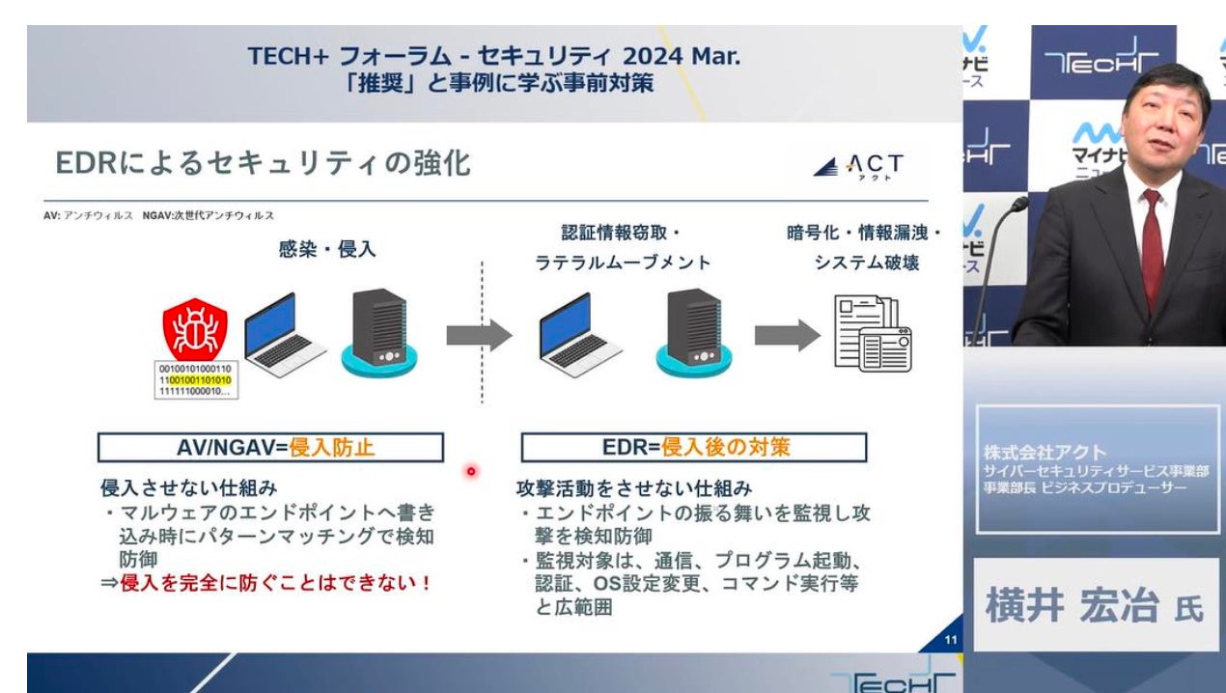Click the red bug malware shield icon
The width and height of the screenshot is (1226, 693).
195,329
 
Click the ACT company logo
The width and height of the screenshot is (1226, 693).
858,167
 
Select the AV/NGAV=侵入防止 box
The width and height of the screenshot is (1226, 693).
270,447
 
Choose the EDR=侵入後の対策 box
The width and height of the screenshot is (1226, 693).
693,447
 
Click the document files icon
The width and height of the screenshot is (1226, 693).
872,334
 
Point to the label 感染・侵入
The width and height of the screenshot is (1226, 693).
327,249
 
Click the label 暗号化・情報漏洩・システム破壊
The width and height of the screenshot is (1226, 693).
864,247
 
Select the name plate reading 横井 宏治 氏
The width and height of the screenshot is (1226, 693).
1095,607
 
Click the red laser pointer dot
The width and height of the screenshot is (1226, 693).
472,471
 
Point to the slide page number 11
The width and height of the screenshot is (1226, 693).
950,640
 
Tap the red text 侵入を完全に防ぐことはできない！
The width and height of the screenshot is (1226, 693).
275,583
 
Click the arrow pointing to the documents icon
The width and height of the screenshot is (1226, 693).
787,335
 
